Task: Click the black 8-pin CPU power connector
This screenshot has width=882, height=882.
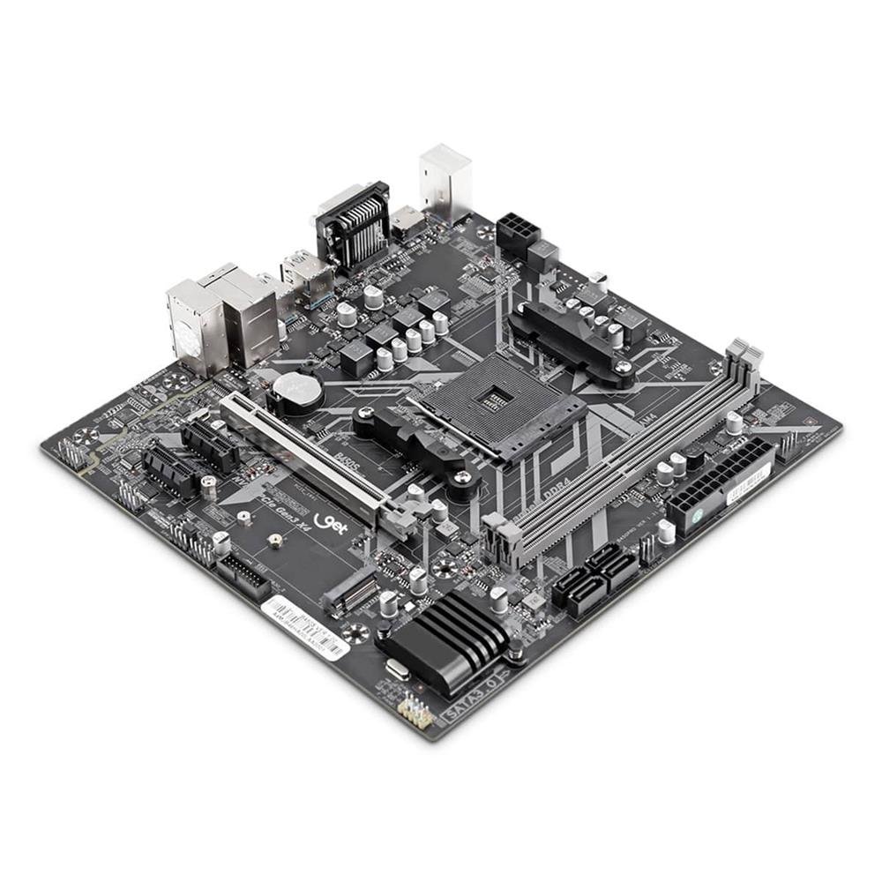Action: tap(518, 234)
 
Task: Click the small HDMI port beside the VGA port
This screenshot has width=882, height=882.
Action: tap(407, 221)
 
